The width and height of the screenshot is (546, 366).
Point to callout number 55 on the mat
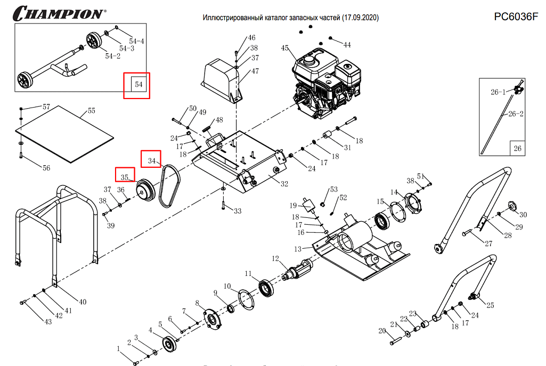pyautogui.click(x=91, y=111)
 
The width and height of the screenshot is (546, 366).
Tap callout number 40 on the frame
pyautogui.click(x=82, y=302)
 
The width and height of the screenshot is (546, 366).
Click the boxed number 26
pyautogui.click(x=517, y=149)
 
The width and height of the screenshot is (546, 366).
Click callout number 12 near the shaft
pyautogui.click(x=275, y=258)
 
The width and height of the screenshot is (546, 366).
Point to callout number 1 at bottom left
pyautogui.click(x=119, y=348)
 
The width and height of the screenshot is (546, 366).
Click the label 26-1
pyautogui.click(x=498, y=92)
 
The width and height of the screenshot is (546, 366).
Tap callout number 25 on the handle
pyautogui.click(x=490, y=305)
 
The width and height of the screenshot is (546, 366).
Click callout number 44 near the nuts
pyautogui.click(x=347, y=45)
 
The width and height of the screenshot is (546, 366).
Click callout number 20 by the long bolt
pyautogui.click(x=381, y=331)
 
